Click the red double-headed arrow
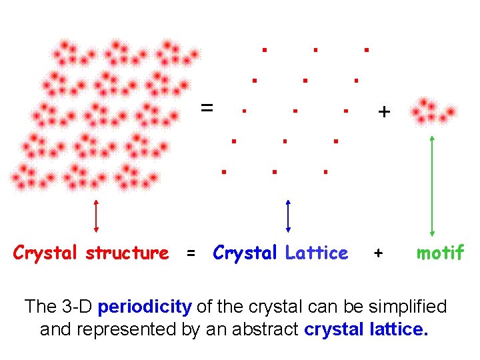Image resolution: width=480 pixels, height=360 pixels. point(97,217)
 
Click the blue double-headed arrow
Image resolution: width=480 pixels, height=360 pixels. point(287,217)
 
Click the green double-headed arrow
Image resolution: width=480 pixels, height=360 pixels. point(433,185)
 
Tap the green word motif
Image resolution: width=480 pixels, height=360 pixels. point(440,253)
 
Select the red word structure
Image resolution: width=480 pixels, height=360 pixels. point(127,253)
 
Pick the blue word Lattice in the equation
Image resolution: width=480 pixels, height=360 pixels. point(316,253)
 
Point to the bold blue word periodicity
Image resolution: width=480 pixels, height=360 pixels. point(145,307)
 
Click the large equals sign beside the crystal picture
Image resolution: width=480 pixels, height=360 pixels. point(207,107)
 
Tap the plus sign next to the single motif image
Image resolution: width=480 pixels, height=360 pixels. point(383,112)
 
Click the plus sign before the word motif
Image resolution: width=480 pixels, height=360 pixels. point(379,253)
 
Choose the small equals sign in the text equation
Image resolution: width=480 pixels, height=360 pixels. point(191,253)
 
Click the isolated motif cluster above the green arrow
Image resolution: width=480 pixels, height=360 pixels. point(433,111)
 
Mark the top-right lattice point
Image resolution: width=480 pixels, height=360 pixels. point(366,49)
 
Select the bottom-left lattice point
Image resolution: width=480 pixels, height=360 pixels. point(224,171)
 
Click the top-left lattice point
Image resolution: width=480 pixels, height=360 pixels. point(264,49)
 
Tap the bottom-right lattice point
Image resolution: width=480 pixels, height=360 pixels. point(325,171)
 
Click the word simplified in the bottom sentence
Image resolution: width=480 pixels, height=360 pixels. point(406,307)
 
